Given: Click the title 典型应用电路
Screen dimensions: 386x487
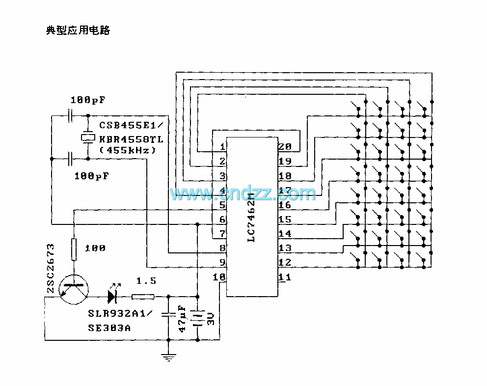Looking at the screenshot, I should pos(78,30).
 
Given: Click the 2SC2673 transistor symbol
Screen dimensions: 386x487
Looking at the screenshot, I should pos(74,290).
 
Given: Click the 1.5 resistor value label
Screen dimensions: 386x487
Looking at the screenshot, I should pos(146,281).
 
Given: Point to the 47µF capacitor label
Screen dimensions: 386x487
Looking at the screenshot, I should pos(182,319).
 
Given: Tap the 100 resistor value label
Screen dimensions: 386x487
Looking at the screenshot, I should pos(95,248).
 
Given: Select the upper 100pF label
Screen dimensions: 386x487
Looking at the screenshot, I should pos(88,100).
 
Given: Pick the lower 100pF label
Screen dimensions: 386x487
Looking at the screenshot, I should pos(91,175).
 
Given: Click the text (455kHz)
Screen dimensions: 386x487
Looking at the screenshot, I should pos(128,150).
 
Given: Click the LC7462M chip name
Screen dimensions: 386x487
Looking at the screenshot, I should pos(251,218).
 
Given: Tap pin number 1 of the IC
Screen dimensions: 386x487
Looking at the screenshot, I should pos(222,147).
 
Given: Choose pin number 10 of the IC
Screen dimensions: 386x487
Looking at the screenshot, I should pos(219,277).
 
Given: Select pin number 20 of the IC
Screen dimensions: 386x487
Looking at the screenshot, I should pos(284,147).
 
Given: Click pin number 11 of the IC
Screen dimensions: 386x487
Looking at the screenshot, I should pos(284,277).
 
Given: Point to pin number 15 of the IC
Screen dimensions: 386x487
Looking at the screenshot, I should pos(284,220).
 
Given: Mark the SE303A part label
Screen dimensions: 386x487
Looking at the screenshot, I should pos(109,328).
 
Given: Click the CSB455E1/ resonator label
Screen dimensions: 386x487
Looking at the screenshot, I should pos(131,125).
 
